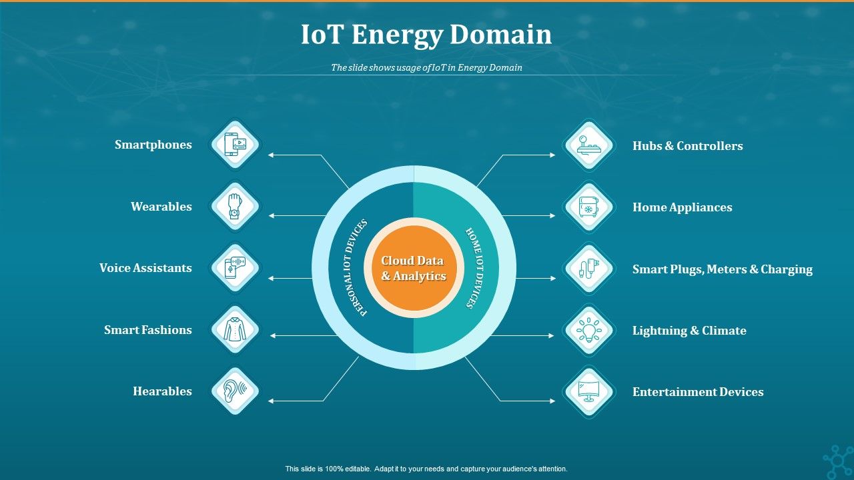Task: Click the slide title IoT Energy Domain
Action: pos(426,35)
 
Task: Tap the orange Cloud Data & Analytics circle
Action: pos(414,268)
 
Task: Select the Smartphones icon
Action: pos(235,145)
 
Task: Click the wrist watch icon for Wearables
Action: pos(235,207)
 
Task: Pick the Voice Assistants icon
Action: pos(235,268)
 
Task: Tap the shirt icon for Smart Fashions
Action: pos(235,330)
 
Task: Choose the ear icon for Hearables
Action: pos(235,391)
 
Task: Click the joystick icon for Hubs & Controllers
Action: pos(588,145)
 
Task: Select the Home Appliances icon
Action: pos(588,207)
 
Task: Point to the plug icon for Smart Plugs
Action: pos(588,269)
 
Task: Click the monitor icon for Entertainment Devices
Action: pos(588,392)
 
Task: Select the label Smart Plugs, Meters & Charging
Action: pos(722,269)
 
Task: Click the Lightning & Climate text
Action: pos(689,331)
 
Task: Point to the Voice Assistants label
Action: pos(145,268)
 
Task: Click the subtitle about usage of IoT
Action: pos(426,67)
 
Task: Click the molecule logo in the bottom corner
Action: pos(838,461)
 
